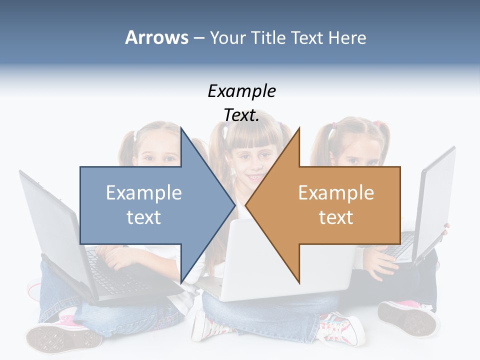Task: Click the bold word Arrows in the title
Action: pyautogui.click(x=156, y=37)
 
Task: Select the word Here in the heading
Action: pyautogui.click(x=347, y=37)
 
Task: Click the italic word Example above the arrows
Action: pyautogui.click(x=242, y=91)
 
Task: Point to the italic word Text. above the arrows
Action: pyautogui.click(x=242, y=115)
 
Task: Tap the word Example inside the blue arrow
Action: pyautogui.click(x=144, y=192)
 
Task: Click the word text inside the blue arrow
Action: pyautogui.click(x=144, y=217)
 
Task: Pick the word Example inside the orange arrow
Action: pyautogui.click(x=336, y=192)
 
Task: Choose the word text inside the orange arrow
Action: pyautogui.click(x=336, y=217)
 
